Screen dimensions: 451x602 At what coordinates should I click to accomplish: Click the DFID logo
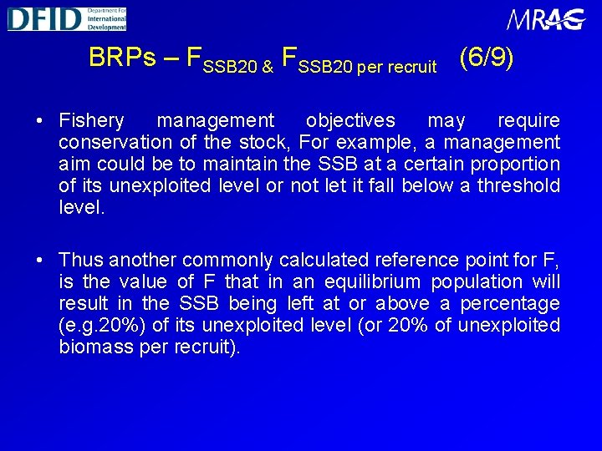tap(67, 18)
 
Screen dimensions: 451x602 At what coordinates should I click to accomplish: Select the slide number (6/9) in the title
tap(487, 57)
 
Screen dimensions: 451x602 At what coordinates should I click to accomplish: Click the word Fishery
tap(91, 121)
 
